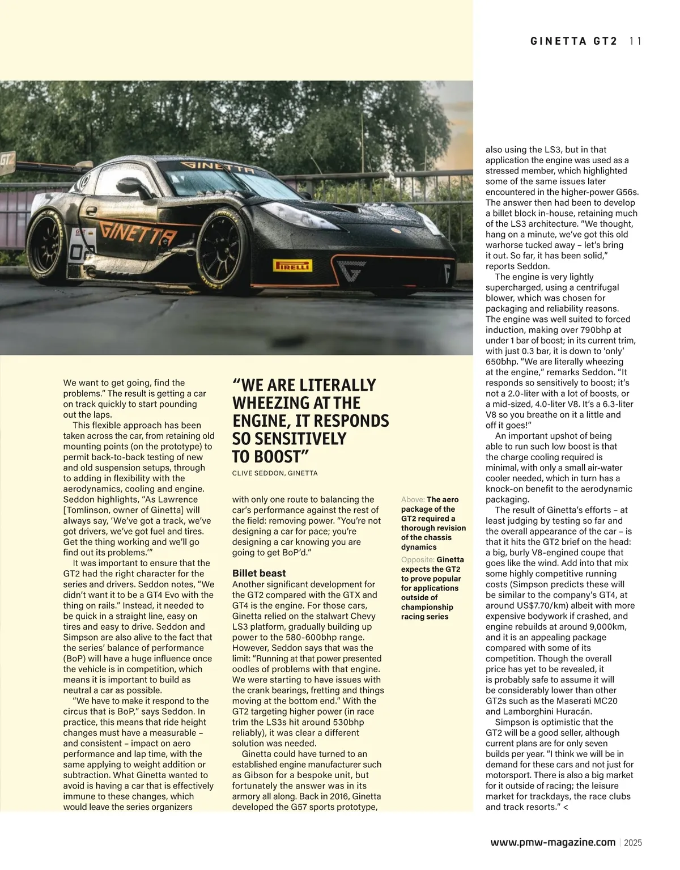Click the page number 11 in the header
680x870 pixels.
[x=635, y=41]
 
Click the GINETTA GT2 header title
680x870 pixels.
[x=573, y=41]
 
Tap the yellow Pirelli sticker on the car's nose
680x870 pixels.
[x=292, y=265]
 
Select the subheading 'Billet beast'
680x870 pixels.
[x=259, y=573]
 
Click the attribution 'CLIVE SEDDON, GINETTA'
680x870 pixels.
[x=275, y=473]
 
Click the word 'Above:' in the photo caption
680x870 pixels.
[x=413, y=499]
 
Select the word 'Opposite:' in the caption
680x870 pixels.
[x=418, y=559]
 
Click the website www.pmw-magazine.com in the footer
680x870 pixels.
[x=552, y=842]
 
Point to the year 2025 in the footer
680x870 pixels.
[x=633, y=843]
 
